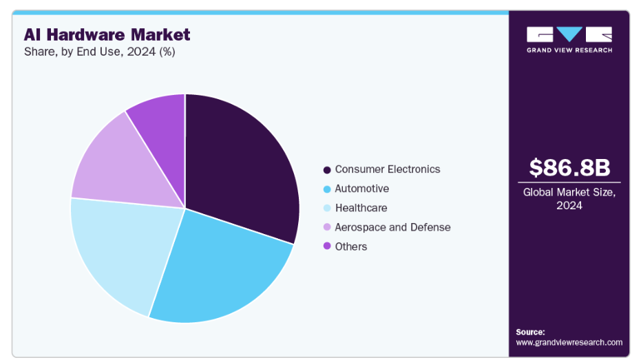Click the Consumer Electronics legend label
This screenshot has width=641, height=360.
tap(388, 169)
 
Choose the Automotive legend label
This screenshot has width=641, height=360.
tap(361, 189)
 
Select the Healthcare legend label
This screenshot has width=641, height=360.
tap(361, 208)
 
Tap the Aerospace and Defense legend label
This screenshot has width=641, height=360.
tap(392, 227)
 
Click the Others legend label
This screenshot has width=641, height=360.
tap(351, 246)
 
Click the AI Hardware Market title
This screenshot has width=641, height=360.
tap(107, 34)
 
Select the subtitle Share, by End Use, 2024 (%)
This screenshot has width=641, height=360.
tap(99, 52)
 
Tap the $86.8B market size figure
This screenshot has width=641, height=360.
tap(569, 168)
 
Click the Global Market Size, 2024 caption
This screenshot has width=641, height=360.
tap(569, 199)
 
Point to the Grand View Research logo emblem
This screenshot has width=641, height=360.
tap(569, 34)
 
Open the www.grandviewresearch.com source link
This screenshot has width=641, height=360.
tap(569, 342)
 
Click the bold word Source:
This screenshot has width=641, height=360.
tap(530, 331)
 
